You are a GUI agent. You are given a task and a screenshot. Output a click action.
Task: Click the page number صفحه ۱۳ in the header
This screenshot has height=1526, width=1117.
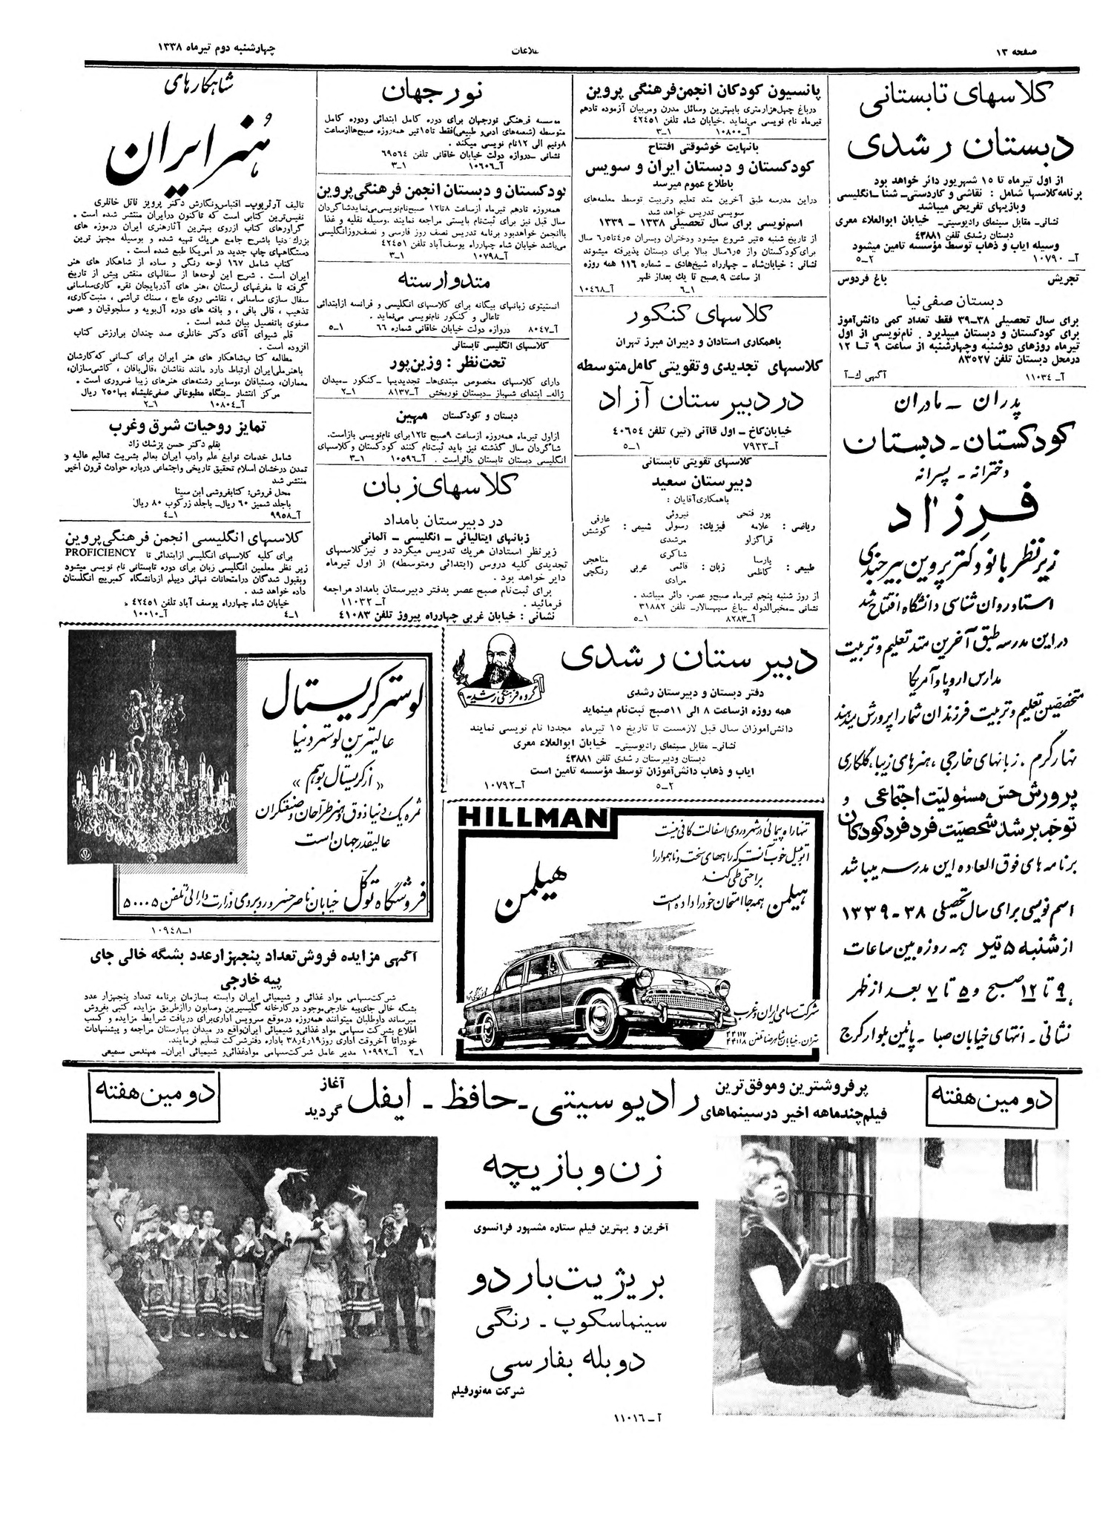click(x=1024, y=50)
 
